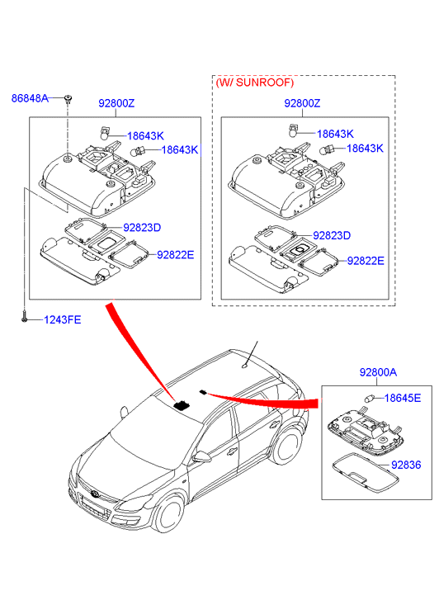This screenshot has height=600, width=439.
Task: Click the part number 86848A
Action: click(x=30, y=98)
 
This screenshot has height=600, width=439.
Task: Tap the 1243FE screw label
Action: click(x=63, y=319)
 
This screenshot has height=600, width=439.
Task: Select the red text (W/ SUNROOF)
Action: click(x=255, y=83)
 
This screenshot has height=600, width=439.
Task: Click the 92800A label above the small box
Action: click(x=378, y=372)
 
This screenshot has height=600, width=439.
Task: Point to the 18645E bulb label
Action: click(x=402, y=398)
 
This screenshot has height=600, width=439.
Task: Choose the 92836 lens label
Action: click(x=406, y=465)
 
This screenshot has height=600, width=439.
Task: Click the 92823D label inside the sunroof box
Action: click(x=332, y=235)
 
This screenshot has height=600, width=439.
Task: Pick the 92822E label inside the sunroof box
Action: click(x=365, y=261)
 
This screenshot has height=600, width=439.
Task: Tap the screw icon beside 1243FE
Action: click(x=24, y=319)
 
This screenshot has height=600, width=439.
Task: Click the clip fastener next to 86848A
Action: click(x=68, y=99)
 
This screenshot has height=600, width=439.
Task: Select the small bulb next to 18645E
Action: click(x=369, y=399)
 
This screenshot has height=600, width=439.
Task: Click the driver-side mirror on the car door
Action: click(x=201, y=456)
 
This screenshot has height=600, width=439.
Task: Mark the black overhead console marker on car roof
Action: click(x=182, y=405)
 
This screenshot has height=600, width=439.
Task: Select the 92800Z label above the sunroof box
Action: click(x=302, y=103)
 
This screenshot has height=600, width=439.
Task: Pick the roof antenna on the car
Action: click(x=245, y=366)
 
